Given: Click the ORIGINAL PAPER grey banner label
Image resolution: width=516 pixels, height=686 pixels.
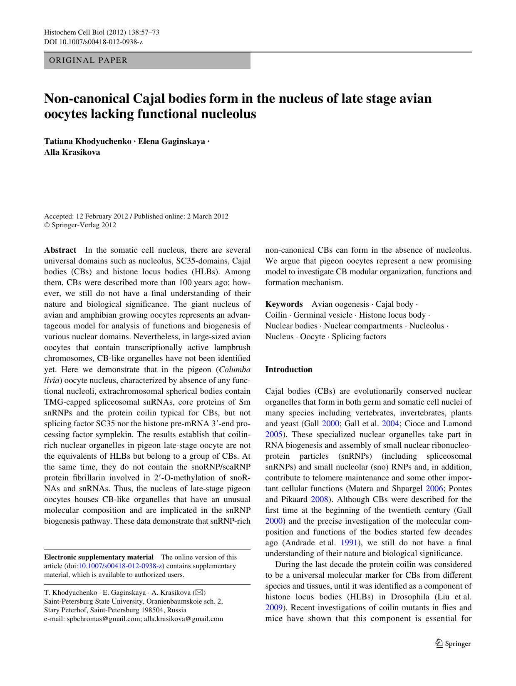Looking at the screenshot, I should click(88, 60).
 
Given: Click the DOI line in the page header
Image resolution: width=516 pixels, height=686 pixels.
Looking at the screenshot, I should click(93, 42).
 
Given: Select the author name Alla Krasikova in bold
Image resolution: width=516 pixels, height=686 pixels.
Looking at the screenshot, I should click(72, 152).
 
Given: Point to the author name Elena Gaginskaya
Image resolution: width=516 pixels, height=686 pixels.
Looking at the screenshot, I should click(171, 142).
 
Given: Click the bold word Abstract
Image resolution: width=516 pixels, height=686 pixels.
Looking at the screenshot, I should click(60, 250).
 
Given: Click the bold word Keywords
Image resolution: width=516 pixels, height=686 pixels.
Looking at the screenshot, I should click(284, 304).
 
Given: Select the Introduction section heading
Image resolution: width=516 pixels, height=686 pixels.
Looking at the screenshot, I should click(289, 370).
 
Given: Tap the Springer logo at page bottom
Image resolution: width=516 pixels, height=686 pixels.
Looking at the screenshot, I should click(453, 644).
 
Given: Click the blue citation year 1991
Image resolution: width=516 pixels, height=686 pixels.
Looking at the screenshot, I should click(349, 543).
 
